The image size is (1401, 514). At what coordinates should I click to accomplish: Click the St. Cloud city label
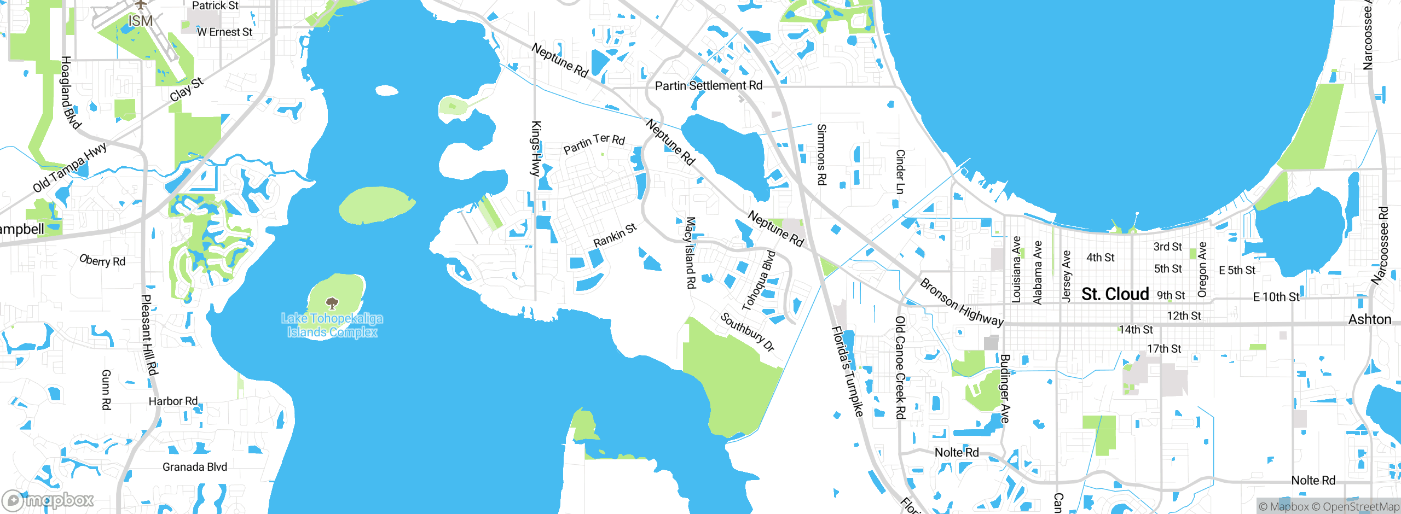1115,294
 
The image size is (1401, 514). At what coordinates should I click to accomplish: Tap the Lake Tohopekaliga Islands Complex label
332,325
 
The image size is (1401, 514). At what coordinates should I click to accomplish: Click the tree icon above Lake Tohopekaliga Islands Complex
332,303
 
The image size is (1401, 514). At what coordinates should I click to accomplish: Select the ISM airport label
140,21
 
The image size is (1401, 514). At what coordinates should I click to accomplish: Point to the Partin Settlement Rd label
708,86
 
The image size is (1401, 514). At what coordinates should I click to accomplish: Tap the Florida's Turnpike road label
847,371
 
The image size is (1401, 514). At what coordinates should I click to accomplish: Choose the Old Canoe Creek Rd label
900,367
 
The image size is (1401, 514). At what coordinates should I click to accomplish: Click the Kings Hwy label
536,149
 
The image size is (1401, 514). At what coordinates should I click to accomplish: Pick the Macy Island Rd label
691,253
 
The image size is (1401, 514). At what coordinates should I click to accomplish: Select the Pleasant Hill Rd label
149,335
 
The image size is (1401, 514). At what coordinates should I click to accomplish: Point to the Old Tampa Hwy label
70,168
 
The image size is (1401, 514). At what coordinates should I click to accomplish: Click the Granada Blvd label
194,467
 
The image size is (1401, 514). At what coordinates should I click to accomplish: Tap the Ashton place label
1369,319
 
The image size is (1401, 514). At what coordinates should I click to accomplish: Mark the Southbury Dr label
747,332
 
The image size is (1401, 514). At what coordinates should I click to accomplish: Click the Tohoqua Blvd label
759,281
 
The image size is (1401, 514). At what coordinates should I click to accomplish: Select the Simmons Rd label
821,154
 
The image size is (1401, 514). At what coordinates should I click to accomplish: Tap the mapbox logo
48,500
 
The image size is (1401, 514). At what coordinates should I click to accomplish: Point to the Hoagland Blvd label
70,92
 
